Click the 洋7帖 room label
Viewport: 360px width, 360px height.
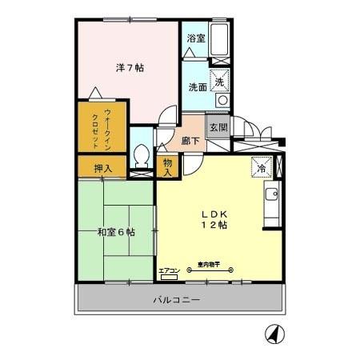(128, 68)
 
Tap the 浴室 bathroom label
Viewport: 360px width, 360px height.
(196, 38)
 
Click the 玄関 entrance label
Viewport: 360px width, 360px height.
(218, 128)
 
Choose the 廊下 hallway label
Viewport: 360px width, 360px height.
(192, 139)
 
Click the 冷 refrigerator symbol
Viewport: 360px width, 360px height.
(262, 167)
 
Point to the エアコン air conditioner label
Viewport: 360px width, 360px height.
(169, 270)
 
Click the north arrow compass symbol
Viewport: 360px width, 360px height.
(273, 334)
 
